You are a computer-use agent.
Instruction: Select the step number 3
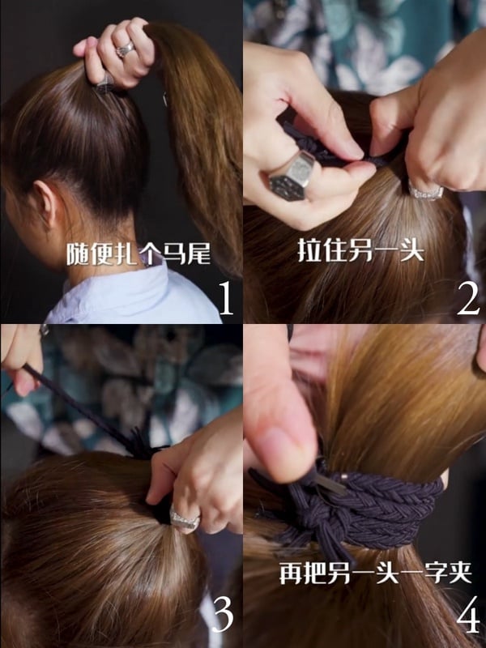pos(223,615)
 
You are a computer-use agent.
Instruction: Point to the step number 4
pos(468,615)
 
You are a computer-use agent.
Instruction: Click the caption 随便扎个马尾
pos(139,254)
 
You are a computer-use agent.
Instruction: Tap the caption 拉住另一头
pos(360,249)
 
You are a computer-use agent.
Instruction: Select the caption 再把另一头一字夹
pos(376,573)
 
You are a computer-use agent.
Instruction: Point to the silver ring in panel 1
pos(126,49)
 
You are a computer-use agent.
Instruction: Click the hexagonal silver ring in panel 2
pos(292,176)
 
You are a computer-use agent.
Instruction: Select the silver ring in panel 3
pos(185,519)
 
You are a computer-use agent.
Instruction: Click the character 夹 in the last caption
pos(460,573)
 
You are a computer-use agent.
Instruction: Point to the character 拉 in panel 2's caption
pos(309,249)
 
